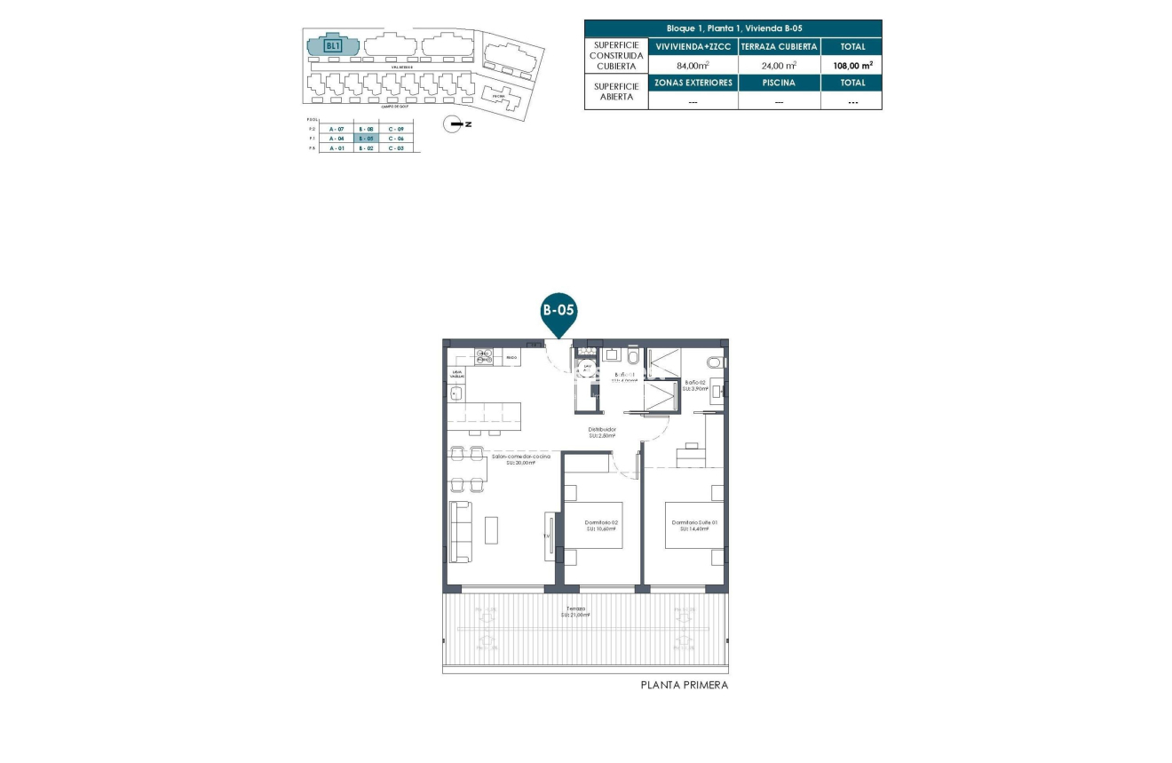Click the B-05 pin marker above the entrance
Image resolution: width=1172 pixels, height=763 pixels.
[559, 314]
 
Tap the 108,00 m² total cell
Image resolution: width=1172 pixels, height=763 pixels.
[851, 65]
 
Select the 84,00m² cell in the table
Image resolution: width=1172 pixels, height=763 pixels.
[693, 65]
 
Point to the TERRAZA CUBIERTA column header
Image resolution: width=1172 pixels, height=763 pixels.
[779, 46]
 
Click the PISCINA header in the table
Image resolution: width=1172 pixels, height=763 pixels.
[779, 83]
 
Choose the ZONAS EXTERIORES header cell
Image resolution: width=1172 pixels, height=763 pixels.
[693, 83]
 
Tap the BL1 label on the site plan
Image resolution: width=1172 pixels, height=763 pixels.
[333, 45]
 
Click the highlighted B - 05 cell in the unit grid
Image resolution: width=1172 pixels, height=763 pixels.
[366, 139]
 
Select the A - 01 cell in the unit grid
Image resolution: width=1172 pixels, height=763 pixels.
[336, 148]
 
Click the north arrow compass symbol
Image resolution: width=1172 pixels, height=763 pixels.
[455, 124]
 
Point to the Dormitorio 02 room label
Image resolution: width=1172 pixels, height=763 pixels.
[600, 525]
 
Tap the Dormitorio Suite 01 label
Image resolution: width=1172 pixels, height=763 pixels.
[694, 525]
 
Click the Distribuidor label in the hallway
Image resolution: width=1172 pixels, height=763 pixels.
[601, 432]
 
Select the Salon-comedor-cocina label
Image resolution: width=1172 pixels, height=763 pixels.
[521, 459]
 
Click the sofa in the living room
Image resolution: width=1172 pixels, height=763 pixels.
[460, 531]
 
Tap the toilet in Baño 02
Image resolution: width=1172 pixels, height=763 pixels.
[713, 362]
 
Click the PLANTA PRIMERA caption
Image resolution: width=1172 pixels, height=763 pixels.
[685, 686]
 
